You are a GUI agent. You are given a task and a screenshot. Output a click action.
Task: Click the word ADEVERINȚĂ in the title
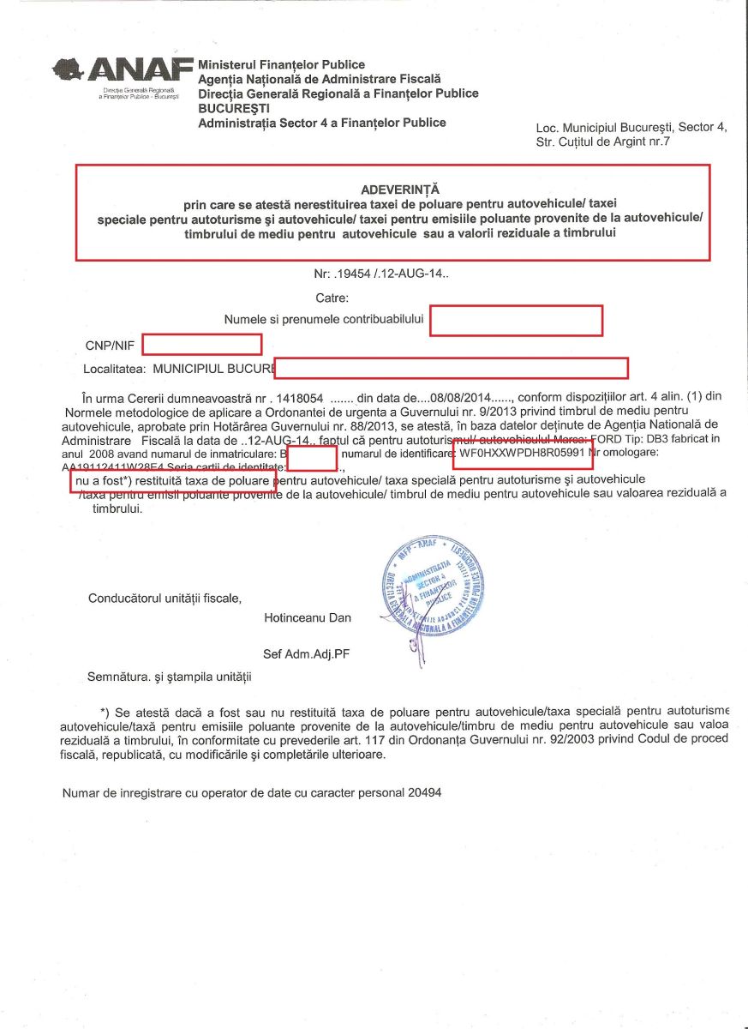click(x=392, y=190)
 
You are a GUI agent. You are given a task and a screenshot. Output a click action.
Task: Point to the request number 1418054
click(x=300, y=398)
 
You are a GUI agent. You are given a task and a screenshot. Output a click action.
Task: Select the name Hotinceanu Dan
click(x=308, y=617)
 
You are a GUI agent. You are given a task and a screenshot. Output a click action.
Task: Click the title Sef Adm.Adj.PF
click(x=307, y=653)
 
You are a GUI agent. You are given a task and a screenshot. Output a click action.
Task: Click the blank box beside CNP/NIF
click(x=201, y=345)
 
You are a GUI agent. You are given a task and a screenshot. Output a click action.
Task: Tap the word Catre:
click(x=332, y=298)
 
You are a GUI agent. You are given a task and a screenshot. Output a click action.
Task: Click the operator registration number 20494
click(x=423, y=793)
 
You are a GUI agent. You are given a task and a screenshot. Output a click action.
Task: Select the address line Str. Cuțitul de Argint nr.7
click(x=602, y=142)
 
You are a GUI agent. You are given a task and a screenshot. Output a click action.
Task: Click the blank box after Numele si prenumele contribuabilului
click(x=517, y=320)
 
